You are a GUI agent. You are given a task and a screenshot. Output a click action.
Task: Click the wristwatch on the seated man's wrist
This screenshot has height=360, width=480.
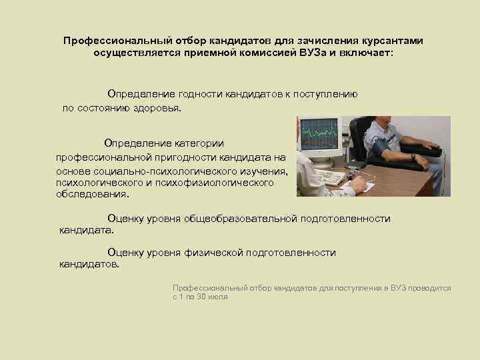tap(413, 157)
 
